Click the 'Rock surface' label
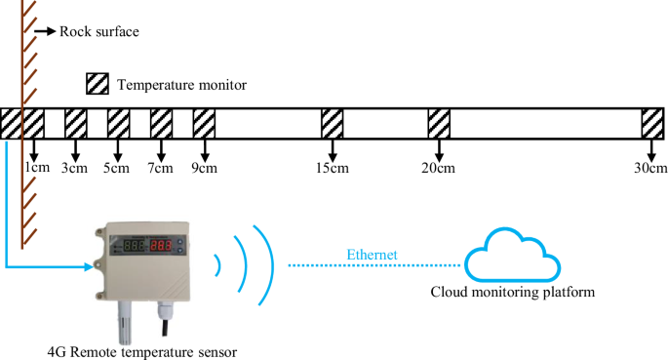[99, 31]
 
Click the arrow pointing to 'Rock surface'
[45, 31]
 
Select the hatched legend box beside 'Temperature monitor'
[98, 84]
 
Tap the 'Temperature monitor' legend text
[181, 85]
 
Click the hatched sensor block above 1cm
[33, 123]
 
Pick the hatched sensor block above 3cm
[76, 123]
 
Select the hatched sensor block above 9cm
[204, 123]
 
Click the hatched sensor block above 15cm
[333, 123]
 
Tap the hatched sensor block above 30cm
[652, 123]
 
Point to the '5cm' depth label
[117, 168]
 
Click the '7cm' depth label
[161, 168]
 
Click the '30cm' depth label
[650, 168]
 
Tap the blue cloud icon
[513, 257]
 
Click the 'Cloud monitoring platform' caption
[513, 292]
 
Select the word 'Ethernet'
[372, 256]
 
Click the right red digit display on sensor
[162, 246]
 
